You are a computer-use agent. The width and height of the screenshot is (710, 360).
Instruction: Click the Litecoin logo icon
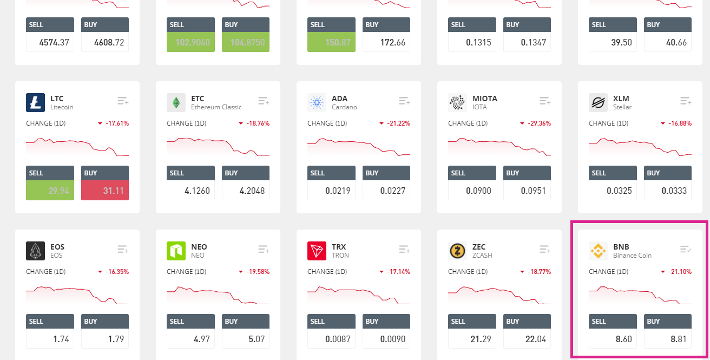(x=35, y=103)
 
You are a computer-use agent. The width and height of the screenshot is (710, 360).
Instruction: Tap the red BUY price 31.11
(x=105, y=191)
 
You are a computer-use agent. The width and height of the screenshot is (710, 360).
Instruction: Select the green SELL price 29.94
(x=50, y=191)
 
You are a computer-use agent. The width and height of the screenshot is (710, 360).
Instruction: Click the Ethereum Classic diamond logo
(x=176, y=103)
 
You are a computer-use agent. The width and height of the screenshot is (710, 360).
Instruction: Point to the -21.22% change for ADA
(x=398, y=123)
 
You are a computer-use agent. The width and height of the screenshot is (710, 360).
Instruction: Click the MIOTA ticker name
(x=485, y=99)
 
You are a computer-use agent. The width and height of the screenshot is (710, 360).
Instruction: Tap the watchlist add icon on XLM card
(x=686, y=101)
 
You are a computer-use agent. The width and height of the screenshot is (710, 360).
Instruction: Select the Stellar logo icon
(x=598, y=103)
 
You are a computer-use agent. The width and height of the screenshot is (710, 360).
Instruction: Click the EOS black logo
(x=35, y=251)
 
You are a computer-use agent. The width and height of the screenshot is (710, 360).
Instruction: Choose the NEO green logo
(x=176, y=251)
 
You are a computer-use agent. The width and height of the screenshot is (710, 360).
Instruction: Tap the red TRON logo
(x=317, y=251)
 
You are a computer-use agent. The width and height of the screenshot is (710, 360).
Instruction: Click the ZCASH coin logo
(x=457, y=251)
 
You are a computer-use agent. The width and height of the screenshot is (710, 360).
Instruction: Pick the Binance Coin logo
(x=598, y=251)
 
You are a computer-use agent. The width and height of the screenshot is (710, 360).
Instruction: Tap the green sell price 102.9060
(x=190, y=42)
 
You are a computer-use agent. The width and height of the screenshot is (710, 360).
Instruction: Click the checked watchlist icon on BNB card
(x=686, y=249)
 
